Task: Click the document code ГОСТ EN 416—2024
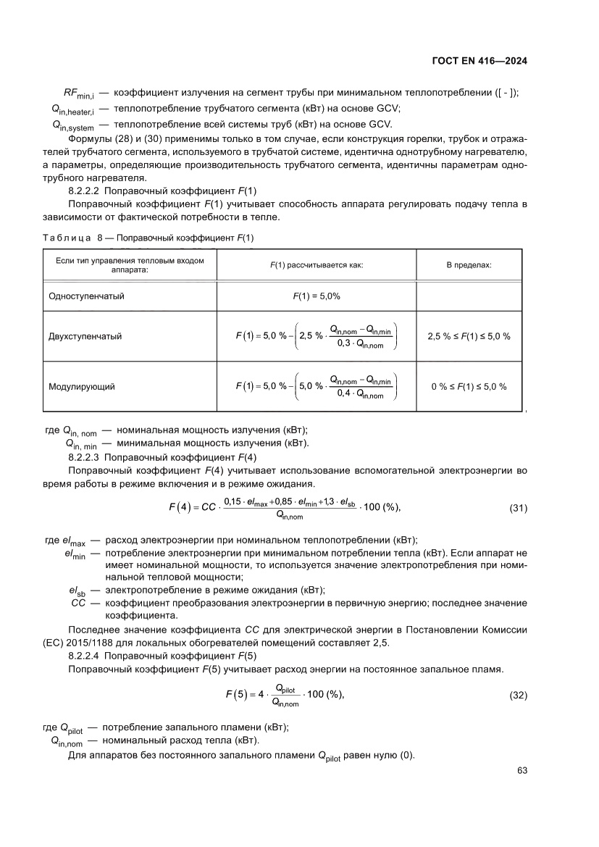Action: pyautogui.click(x=479, y=61)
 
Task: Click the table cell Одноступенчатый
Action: pyautogui.click(x=86, y=296)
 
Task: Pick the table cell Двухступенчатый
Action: pyautogui.click(x=85, y=336)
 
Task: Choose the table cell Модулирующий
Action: pyautogui.click(x=81, y=386)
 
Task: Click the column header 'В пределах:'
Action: pyautogui.click(x=469, y=265)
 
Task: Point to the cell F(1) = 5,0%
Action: pyautogui.click(x=317, y=296)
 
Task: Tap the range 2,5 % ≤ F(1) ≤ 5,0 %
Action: pyautogui.click(x=469, y=336)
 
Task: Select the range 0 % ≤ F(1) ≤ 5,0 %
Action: pyautogui.click(x=469, y=386)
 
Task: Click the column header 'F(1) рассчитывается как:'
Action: pyautogui.click(x=317, y=265)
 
